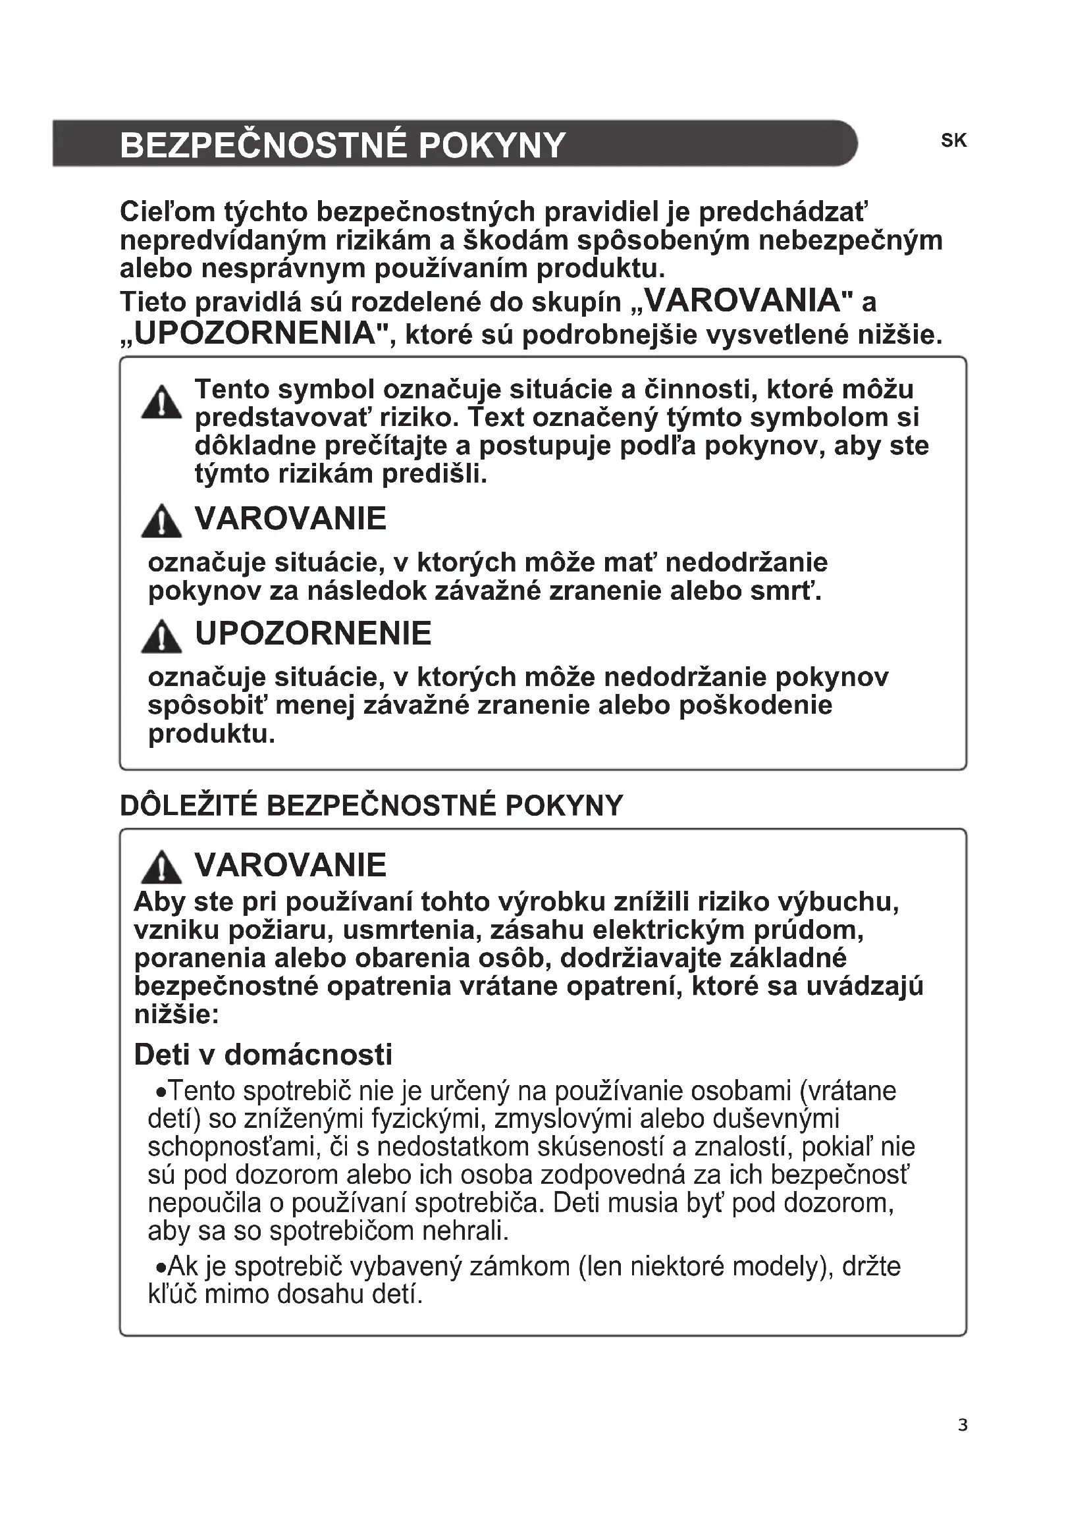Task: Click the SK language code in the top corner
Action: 953,140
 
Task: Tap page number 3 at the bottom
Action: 963,1443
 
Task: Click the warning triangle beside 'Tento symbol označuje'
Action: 161,402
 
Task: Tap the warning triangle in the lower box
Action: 161,867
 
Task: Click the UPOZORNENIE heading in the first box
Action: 313,634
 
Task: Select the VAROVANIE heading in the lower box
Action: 290,865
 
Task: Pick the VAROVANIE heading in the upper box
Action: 290,519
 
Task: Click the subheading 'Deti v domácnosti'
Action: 263,1054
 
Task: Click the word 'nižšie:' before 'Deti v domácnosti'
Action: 176,1014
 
